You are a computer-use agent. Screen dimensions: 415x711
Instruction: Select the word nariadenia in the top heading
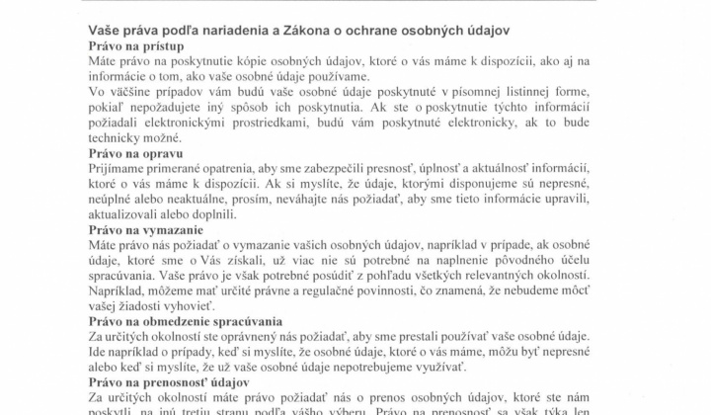point(238,30)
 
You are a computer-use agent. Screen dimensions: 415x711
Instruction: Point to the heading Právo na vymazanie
point(144,229)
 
